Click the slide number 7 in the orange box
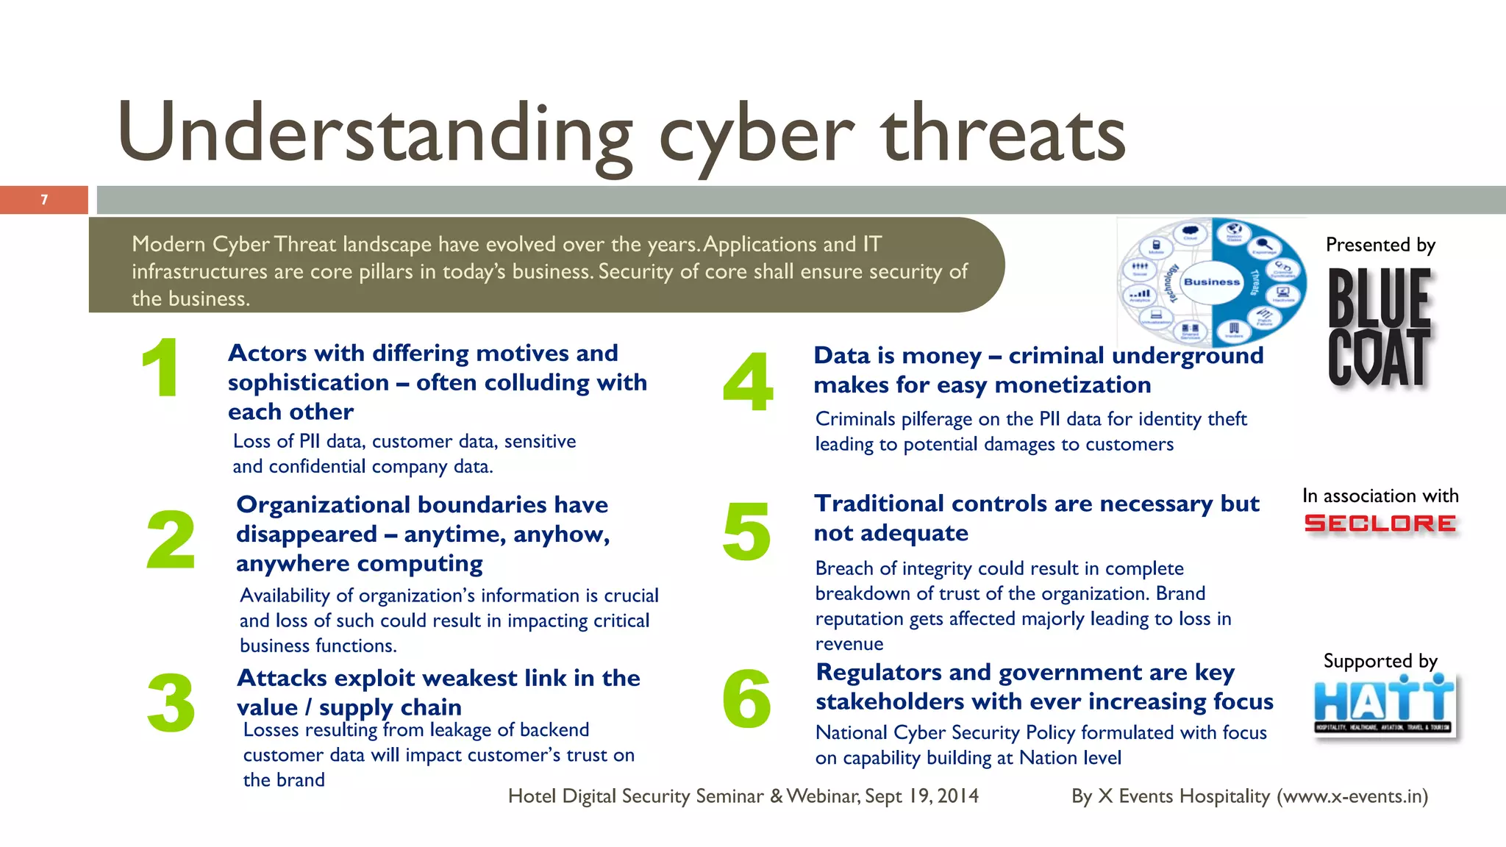(x=44, y=200)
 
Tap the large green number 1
(x=161, y=368)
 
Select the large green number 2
(x=171, y=540)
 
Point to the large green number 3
(x=171, y=704)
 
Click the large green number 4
(x=748, y=382)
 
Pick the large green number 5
(x=746, y=532)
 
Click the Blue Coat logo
(x=1380, y=327)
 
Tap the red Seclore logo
(x=1380, y=523)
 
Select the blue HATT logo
(x=1384, y=704)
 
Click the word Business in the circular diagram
(x=1212, y=282)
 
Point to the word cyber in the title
(x=757, y=136)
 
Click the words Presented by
(x=1380, y=245)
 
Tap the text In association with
(x=1380, y=496)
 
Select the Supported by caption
(x=1380, y=661)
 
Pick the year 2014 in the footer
(x=957, y=796)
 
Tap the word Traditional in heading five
(x=878, y=504)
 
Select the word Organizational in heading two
(x=318, y=505)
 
